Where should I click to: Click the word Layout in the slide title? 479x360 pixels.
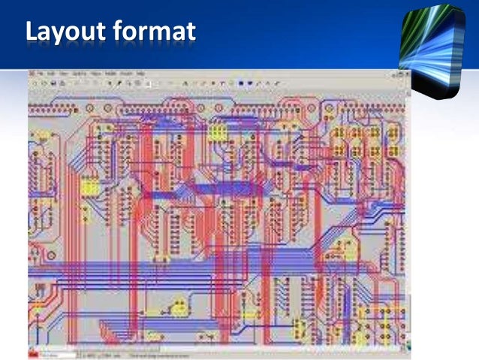tap(68, 32)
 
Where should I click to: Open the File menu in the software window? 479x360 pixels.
tap(41, 74)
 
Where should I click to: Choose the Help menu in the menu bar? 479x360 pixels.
tap(140, 74)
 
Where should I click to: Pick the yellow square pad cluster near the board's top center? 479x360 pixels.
tap(218, 132)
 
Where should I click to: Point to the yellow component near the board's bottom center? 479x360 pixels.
tap(180, 307)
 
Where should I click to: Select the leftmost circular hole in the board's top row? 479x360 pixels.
tap(35, 98)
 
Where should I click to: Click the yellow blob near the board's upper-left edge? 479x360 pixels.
tap(41, 138)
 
